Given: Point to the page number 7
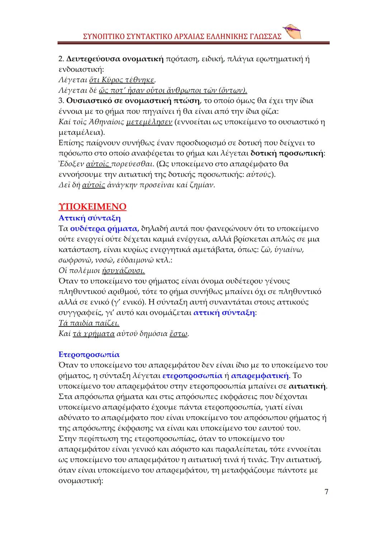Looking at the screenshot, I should pyautogui.click(x=326, y=492).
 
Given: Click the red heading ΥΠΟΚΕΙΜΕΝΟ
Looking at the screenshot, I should pyautogui.click(x=92, y=207).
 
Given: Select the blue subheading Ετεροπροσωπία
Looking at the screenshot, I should pyautogui.click(x=89, y=355).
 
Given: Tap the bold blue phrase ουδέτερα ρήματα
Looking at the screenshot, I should pyautogui.click(x=104, y=228).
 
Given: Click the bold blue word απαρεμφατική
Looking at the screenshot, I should pyautogui.click(x=260, y=376).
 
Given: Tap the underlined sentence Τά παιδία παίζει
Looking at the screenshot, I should pyautogui.click(x=89, y=323).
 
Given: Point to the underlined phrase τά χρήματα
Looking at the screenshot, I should pyautogui.click(x=94, y=334).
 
